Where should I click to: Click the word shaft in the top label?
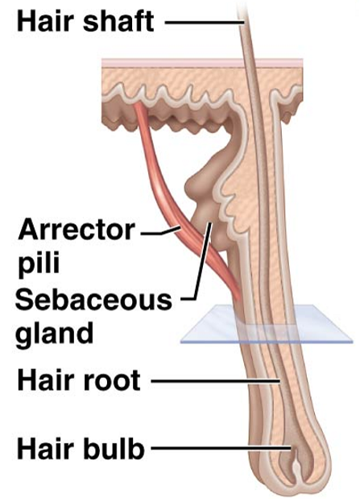(x=118, y=21)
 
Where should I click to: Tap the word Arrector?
(x=77, y=230)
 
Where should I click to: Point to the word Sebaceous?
(x=93, y=300)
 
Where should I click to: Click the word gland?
(x=55, y=333)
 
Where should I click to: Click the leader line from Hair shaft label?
(x=205, y=23)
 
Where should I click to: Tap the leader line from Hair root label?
(x=215, y=380)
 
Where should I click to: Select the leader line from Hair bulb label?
(x=221, y=448)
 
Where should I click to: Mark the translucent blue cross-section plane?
(x=267, y=324)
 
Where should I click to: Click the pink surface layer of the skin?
(x=202, y=63)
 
